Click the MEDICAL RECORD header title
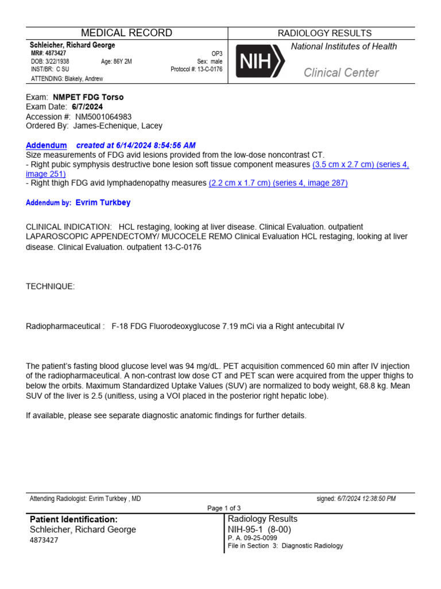pyautogui.click(x=126, y=33)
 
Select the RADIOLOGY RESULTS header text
pyautogui.click(x=324, y=33)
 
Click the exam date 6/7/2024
pyautogui.click(x=86, y=107)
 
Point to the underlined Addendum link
pyautogui.click(x=47, y=145)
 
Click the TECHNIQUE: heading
pyautogui.click(x=51, y=286)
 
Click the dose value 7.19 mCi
pyautogui.click(x=243, y=326)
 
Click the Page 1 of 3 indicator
pyautogui.click(x=224, y=508)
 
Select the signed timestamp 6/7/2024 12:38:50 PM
pyautogui.click(x=367, y=499)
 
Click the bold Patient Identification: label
pyautogui.click(x=73, y=519)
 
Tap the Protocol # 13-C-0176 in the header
pyautogui.click(x=196, y=70)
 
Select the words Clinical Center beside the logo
pyautogui.click(x=341, y=72)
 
